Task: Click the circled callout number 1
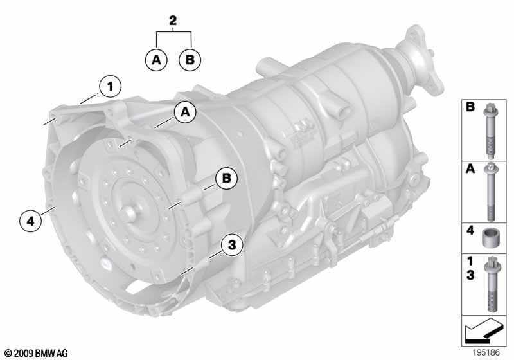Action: point(111,87)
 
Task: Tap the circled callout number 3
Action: point(232,244)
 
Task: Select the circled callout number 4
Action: point(30,221)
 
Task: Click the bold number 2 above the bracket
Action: point(173,21)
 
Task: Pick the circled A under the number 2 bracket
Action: point(157,60)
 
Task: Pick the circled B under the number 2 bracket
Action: point(190,60)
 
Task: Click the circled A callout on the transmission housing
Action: point(185,112)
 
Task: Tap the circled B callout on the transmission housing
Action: point(226,178)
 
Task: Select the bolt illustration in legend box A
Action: point(490,192)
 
